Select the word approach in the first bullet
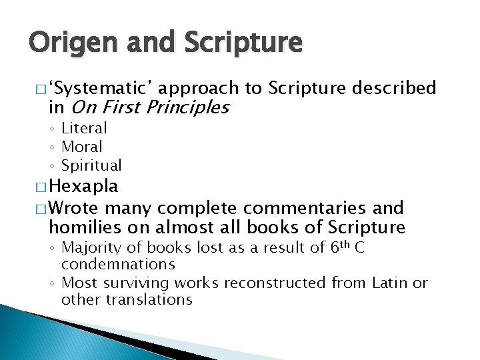pos(199,88)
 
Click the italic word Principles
pos(188,107)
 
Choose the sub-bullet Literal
pos(84,127)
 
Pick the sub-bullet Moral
pos(82,146)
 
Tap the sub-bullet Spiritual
pos(91,165)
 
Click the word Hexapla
pos(84,185)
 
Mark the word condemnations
pos(118,265)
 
